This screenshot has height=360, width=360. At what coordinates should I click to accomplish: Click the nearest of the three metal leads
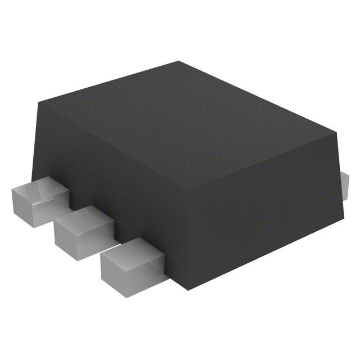click(129, 264)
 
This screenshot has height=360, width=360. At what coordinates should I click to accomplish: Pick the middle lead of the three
click(84, 231)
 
